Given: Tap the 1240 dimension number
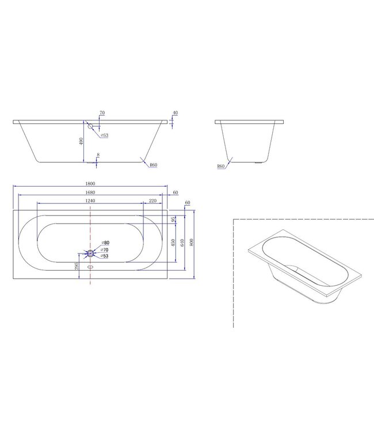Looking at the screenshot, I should point(88,200).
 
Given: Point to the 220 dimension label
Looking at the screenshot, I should point(152,200).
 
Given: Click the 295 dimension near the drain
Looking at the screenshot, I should point(76,266).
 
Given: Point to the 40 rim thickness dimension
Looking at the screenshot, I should point(174,113).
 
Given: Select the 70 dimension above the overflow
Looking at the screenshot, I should point(102,113).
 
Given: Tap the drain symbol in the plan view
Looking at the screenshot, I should point(90,253).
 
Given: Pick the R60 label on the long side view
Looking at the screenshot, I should point(153,165).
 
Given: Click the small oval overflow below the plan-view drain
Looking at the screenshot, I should point(90,267).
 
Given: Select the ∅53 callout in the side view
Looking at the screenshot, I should point(105,135).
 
